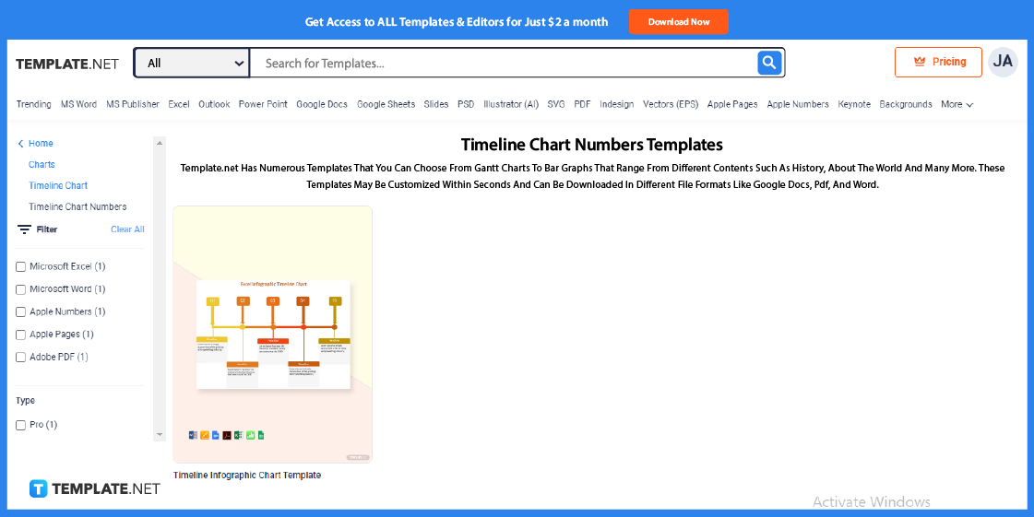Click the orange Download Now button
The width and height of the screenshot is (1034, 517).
tap(678, 21)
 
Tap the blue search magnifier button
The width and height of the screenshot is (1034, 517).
tap(769, 63)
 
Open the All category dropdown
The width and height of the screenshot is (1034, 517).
tap(192, 63)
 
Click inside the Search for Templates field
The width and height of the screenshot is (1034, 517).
tap(503, 63)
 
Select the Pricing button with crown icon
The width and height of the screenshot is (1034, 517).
tap(938, 62)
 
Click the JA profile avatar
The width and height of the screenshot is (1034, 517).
tap(1003, 62)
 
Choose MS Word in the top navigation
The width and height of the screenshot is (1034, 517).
tap(78, 104)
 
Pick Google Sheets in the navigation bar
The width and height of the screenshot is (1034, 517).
tap(386, 104)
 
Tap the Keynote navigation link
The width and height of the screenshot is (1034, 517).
tap(854, 104)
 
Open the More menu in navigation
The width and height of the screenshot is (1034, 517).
tap(957, 104)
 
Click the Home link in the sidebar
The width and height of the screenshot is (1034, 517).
tap(41, 144)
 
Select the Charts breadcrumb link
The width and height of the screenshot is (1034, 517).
tap(42, 164)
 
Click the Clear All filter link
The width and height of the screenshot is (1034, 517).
tap(127, 229)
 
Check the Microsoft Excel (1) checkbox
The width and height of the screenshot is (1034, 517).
tap(21, 267)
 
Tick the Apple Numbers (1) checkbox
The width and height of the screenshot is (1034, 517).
tap(21, 312)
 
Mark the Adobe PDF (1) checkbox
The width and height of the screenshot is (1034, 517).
tap(21, 358)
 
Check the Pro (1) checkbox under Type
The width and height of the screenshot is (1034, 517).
tap(21, 426)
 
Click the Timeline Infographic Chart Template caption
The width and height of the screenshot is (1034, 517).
tap(247, 476)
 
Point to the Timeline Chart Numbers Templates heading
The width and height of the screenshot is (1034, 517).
tap(591, 145)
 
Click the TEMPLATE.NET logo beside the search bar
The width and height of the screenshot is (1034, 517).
tap(67, 64)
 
